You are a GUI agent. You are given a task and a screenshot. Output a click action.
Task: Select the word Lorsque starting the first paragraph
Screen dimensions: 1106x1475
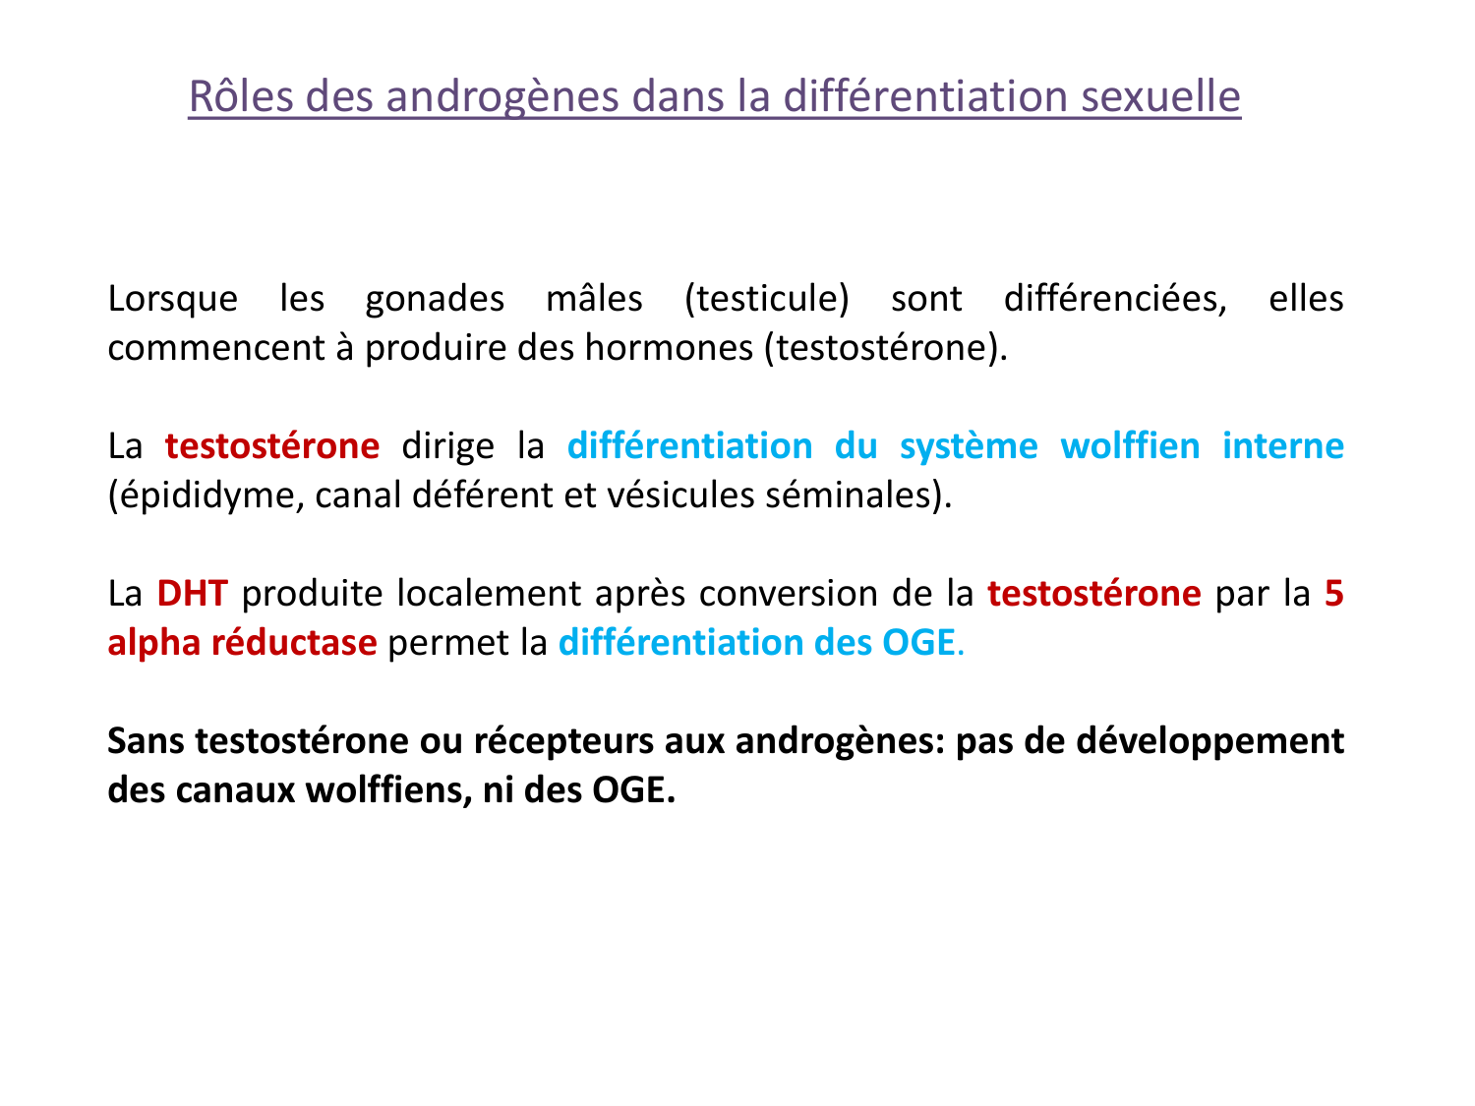click(172, 299)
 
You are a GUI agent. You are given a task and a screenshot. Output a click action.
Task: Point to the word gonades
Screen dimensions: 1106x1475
click(435, 299)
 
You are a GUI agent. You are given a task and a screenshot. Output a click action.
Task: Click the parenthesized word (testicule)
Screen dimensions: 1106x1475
click(767, 299)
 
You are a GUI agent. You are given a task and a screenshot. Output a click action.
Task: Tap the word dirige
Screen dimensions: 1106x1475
click(448, 446)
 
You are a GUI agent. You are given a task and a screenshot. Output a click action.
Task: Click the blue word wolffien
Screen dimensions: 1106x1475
click(1130, 446)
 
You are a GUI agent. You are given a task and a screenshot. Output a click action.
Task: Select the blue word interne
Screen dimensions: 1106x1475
click(1282, 446)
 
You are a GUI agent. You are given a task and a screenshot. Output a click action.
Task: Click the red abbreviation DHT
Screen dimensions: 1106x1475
click(192, 594)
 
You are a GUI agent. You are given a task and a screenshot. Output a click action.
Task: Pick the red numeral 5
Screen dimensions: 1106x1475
click(1333, 594)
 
